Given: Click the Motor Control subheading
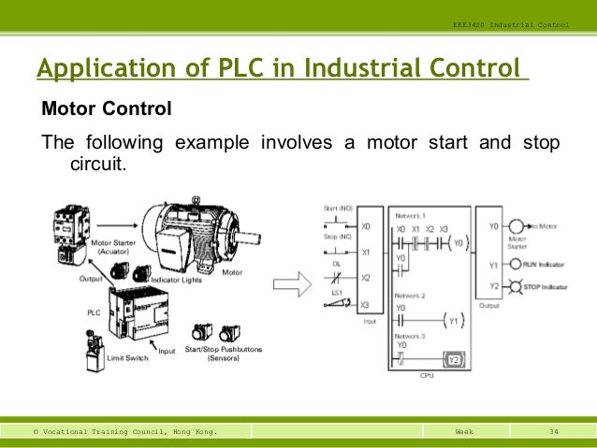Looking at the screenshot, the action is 107,109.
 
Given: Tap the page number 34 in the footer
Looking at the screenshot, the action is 553,431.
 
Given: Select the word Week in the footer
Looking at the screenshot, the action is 464,431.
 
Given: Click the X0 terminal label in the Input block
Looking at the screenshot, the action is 366,226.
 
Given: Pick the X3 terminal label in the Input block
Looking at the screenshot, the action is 366,305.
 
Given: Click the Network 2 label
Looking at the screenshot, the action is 410,294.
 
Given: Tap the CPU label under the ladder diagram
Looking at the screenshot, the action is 426,375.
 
